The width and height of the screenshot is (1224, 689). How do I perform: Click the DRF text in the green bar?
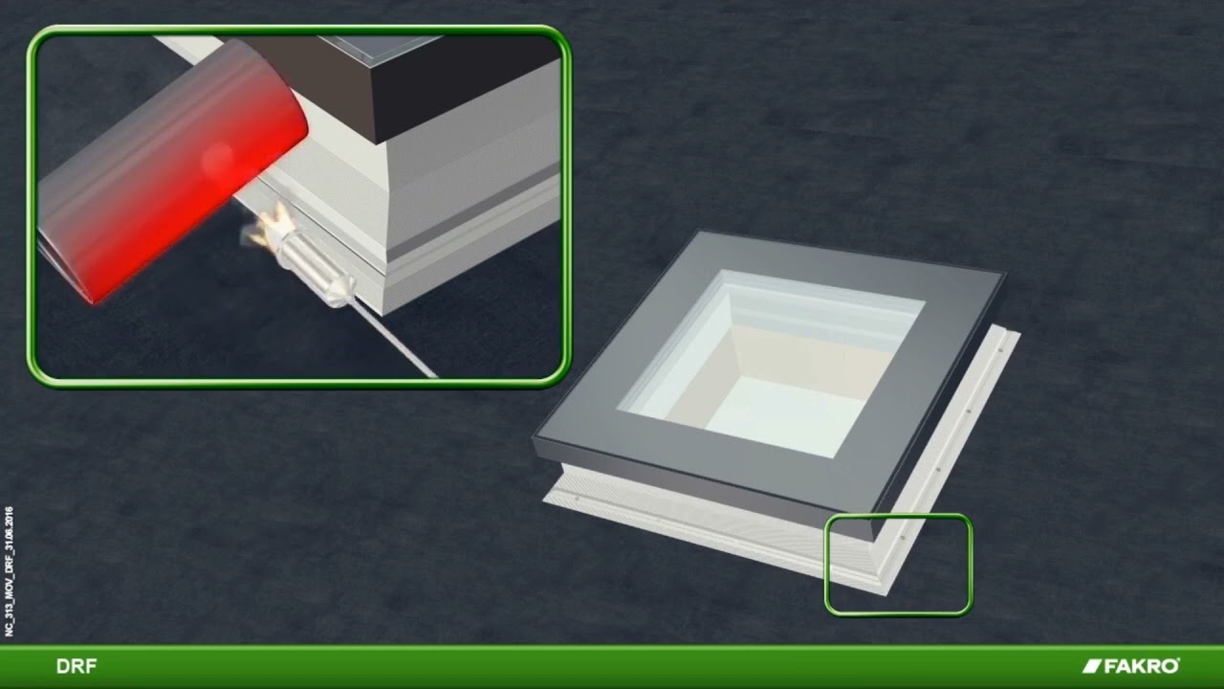(x=76, y=667)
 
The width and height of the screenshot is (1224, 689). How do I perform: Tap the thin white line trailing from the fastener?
(x=397, y=340)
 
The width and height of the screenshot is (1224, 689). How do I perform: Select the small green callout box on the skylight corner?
(x=898, y=565)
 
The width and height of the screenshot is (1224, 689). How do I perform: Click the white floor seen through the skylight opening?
(x=775, y=411)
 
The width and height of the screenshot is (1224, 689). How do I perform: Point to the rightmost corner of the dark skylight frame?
(x=1003, y=276)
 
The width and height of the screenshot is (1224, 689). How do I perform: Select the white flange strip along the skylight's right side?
(x=956, y=431)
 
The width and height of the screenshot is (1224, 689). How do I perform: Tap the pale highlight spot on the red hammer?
(x=218, y=158)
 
